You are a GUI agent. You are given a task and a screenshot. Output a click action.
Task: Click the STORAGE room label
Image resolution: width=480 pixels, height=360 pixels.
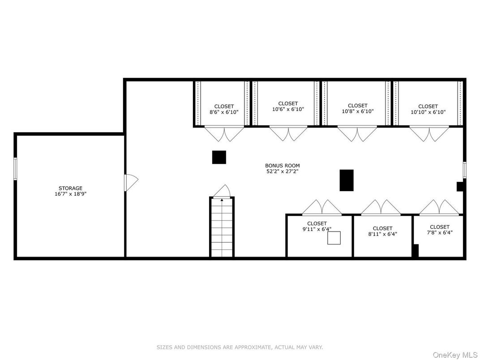(x=70, y=188)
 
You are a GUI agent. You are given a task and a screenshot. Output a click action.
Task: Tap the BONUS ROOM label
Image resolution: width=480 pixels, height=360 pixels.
(x=282, y=166)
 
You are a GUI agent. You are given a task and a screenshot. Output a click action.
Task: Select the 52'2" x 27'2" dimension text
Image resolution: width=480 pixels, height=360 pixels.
(x=282, y=171)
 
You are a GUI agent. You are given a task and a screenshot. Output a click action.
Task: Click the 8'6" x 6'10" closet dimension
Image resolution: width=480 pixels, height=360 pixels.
(x=224, y=112)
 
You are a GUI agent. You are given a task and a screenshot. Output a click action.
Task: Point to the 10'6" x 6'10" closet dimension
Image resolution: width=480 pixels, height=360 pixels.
(x=288, y=109)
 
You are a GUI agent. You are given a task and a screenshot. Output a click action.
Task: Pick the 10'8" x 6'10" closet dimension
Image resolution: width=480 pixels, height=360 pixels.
(x=358, y=111)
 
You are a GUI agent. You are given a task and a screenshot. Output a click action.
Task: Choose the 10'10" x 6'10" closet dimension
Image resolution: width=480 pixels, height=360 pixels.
(x=428, y=112)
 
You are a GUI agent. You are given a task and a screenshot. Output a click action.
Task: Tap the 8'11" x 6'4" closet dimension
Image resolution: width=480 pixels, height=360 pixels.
(x=383, y=234)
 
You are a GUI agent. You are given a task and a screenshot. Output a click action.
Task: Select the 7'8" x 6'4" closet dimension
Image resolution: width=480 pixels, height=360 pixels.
(x=439, y=232)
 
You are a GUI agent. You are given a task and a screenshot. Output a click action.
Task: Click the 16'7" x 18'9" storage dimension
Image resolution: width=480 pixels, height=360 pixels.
(x=70, y=194)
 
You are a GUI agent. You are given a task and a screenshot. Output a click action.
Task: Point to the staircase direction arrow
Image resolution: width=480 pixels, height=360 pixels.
(x=222, y=200)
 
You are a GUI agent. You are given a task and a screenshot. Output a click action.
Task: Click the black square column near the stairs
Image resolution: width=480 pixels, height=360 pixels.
(x=219, y=157)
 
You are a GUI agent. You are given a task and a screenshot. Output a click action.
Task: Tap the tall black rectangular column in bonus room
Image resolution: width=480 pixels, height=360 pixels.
(x=347, y=180)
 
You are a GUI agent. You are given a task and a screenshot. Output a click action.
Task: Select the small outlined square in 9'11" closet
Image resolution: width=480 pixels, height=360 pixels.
(x=334, y=238)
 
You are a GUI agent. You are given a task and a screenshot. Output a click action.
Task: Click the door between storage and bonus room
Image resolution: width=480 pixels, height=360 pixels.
(x=131, y=182)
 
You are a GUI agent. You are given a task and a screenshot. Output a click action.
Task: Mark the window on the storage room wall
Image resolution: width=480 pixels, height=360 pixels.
(x=15, y=168)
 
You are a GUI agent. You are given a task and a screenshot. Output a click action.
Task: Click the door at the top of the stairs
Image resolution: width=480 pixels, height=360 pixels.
(x=222, y=191)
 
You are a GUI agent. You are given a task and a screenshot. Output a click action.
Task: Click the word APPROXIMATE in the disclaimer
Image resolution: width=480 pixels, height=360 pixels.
(x=253, y=347)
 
